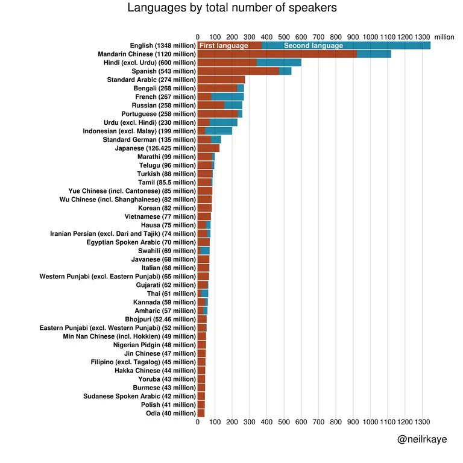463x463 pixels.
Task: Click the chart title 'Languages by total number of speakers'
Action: pos(232,8)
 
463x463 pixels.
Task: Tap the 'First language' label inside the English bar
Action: pos(224,46)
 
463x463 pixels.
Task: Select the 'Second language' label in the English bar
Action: pos(313,46)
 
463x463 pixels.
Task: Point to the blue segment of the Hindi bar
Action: pos(279,63)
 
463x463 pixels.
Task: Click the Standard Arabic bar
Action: pos(221,80)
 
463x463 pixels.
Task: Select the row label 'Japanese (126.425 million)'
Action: pos(155,148)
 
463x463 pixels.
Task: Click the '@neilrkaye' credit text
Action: pos(422,440)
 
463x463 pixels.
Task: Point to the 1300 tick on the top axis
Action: pos(422,37)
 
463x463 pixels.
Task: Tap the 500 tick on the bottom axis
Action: pos(284,423)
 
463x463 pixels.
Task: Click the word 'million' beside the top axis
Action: pos(444,37)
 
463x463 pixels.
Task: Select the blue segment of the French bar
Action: pos(227,96)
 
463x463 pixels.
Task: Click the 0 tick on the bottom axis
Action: pos(198,423)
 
